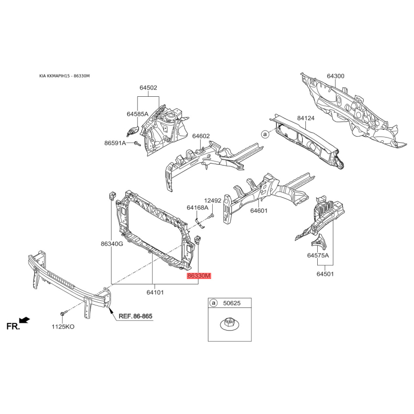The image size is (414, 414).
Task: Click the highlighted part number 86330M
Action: pyautogui.click(x=199, y=276)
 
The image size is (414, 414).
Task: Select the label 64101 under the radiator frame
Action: pyautogui.click(x=155, y=292)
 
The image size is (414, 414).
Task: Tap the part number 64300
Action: pyautogui.click(x=335, y=76)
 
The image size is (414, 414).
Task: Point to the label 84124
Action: pyautogui.click(x=306, y=118)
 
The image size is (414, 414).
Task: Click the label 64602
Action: pyautogui.click(x=201, y=136)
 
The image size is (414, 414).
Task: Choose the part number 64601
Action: pyautogui.click(x=259, y=211)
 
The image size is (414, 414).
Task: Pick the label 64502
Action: pyautogui.click(x=149, y=87)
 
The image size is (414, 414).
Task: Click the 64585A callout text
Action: pyautogui.click(x=138, y=114)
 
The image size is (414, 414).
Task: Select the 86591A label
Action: pyautogui.click(x=115, y=143)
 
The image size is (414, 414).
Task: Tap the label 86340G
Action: pyautogui.click(x=112, y=244)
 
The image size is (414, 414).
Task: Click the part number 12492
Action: pyautogui.click(x=213, y=200)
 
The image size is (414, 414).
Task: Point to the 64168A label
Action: pyautogui.click(x=198, y=208)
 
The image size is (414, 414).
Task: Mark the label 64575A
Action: pyautogui.click(x=318, y=255)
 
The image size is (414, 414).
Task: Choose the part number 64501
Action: pyautogui.click(x=325, y=274)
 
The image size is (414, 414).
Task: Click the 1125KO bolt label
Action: pyautogui.click(x=63, y=327)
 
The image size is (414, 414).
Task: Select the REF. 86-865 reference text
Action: pyautogui.click(x=136, y=316)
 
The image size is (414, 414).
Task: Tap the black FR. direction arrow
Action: pyautogui.click(x=25, y=320)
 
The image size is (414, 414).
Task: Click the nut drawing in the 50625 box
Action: pyautogui.click(x=229, y=325)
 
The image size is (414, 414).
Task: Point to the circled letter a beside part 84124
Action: pyautogui.click(x=265, y=134)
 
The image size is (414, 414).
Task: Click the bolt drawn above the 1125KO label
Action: pyautogui.click(x=64, y=314)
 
